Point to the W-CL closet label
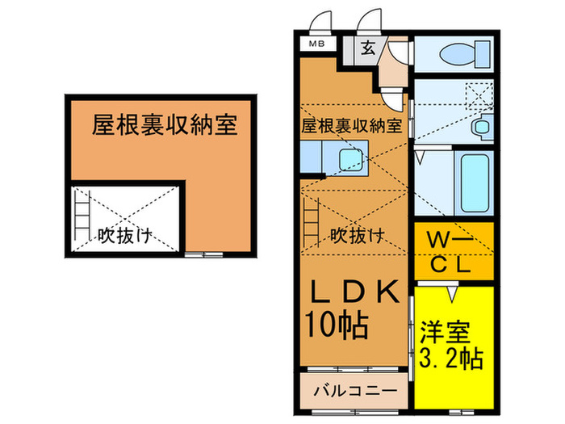[x=452, y=251]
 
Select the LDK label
[x=351, y=293]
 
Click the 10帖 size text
[x=337, y=325]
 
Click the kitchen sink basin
[x=350, y=158]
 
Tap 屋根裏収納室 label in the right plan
[x=351, y=125]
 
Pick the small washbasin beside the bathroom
[x=483, y=127]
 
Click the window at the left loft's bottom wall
[x=203, y=255]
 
